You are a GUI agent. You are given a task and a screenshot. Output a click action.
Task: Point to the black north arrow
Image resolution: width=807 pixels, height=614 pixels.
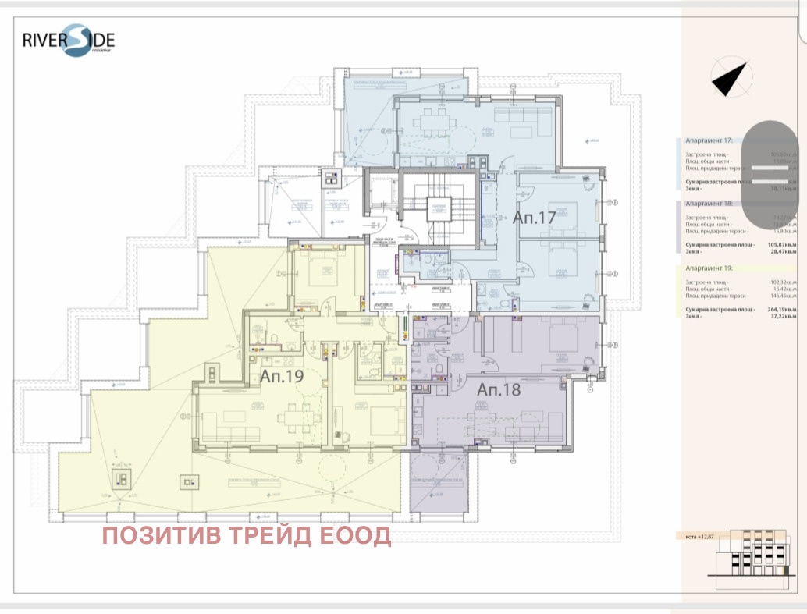tap(731, 79)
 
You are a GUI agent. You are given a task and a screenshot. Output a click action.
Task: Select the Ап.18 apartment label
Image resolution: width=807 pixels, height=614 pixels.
tap(499, 389)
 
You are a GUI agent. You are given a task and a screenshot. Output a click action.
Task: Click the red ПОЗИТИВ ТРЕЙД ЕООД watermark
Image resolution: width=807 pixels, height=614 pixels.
tap(247, 536)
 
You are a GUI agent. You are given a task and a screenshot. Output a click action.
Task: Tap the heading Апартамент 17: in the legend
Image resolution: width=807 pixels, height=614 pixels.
tap(709, 142)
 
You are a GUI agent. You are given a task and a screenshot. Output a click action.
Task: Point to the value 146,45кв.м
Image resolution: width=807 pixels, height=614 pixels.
tap(781, 296)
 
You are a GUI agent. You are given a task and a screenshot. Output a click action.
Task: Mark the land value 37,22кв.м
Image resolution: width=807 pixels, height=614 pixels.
tap(782, 317)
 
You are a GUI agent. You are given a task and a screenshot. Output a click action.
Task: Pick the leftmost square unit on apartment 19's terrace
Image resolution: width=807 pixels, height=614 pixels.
tap(122, 479)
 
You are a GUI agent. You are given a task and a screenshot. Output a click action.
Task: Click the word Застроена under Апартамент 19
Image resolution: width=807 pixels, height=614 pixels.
tap(699, 282)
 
